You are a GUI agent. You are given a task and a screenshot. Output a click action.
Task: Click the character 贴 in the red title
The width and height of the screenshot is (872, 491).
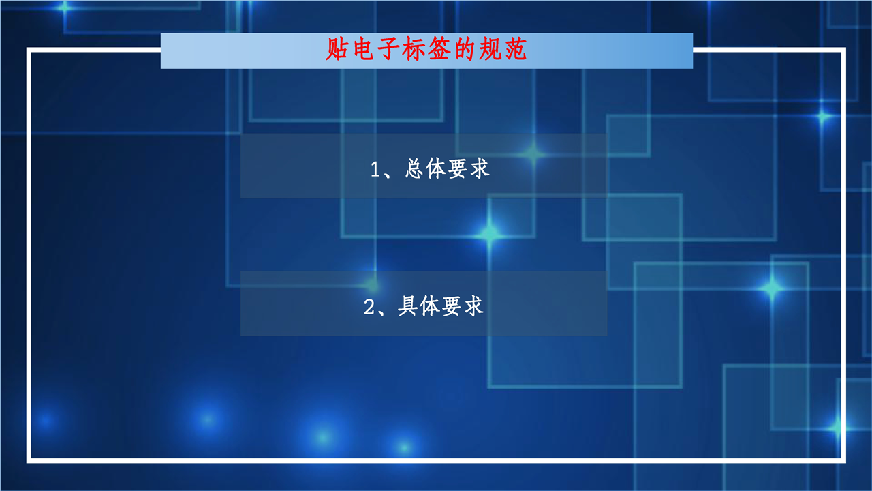337,49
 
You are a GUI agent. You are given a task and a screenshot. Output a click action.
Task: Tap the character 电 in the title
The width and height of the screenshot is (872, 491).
363,49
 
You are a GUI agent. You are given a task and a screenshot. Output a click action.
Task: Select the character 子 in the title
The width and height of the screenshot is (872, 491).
388,49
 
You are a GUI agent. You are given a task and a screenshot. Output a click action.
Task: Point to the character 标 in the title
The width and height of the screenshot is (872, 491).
414,49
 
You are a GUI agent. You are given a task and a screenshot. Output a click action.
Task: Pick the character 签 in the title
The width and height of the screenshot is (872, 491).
439,49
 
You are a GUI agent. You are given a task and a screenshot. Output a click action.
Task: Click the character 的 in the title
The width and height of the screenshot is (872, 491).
465,49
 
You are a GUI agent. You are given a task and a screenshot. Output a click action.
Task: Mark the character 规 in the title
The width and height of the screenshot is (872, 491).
490,49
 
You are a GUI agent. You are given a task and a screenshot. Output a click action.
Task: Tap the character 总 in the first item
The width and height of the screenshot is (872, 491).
414,168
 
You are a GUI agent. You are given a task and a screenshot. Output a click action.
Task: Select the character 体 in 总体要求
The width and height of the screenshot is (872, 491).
435,168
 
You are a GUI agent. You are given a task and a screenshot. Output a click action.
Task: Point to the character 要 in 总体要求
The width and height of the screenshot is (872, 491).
457,168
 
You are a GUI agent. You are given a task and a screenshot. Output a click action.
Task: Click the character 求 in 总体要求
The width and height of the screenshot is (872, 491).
479,168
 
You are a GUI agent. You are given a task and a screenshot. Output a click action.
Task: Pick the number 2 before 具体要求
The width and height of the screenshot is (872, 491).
369,307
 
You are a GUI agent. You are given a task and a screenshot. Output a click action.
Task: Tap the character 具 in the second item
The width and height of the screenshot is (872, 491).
407,306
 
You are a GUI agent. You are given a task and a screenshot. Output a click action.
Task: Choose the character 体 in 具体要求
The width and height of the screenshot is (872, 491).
429,306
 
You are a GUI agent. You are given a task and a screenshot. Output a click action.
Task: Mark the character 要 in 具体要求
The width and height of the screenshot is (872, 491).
451,306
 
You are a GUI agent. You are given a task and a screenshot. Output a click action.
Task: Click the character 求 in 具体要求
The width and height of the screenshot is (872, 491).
473,306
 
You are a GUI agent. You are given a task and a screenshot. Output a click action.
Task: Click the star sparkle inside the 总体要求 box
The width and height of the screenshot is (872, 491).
533,154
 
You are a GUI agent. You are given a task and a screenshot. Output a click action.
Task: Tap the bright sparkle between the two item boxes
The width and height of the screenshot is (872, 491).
490,235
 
